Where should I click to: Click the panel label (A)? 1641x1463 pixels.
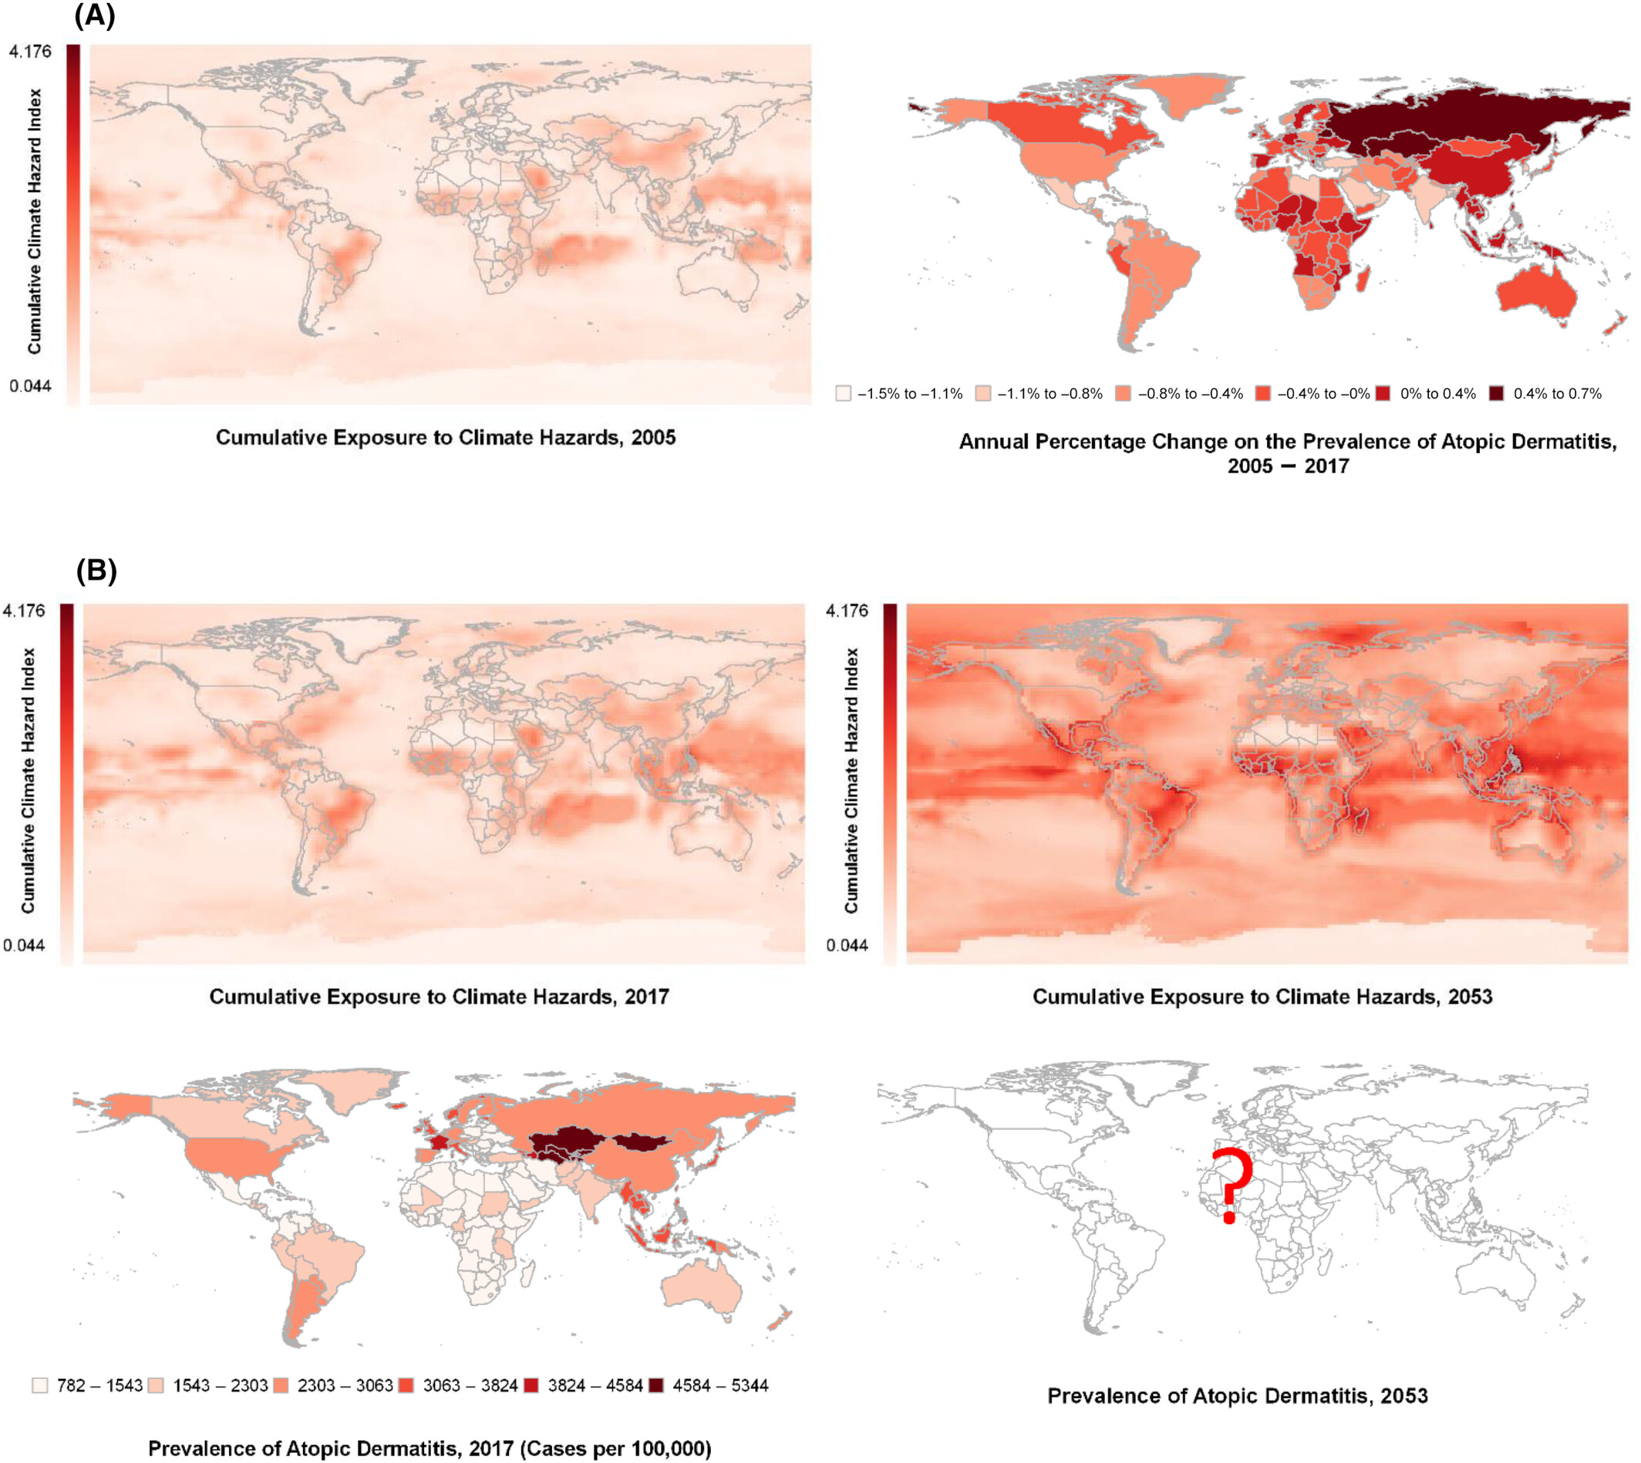tap(95, 16)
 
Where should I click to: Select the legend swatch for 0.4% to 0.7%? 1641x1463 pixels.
tap(1495, 393)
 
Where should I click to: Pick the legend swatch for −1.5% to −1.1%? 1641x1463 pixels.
tap(843, 393)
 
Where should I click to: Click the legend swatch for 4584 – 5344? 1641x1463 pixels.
tap(656, 1385)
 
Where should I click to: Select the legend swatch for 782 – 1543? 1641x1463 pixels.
tap(39, 1385)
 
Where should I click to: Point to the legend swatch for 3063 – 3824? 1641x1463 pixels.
tap(406, 1385)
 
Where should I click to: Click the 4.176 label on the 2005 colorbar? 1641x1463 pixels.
tap(30, 52)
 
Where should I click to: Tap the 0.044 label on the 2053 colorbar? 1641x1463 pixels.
tap(847, 945)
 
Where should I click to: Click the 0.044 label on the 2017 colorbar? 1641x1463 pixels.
tap(24, 945)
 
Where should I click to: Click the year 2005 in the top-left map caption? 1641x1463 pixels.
tap(653, 437)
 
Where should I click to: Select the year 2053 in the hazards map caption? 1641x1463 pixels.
tap(1470, 997)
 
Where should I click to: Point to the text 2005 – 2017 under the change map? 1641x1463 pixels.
tap(1288, 466)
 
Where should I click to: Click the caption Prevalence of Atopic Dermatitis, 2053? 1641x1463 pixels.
tap(1238, 1395)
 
